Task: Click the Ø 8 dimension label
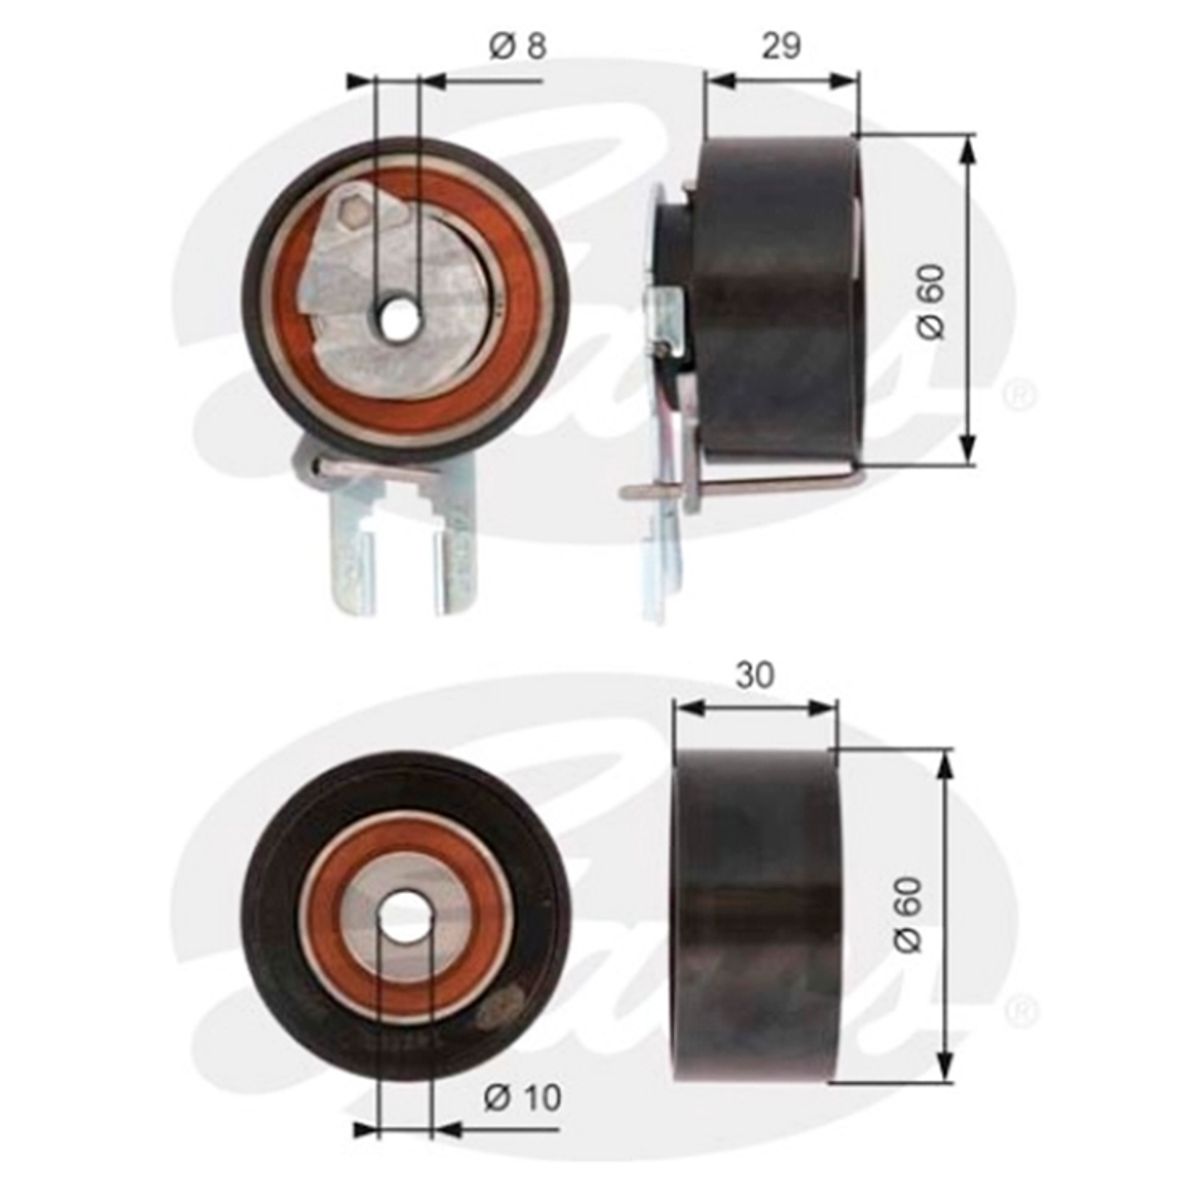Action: (x=518, y=46)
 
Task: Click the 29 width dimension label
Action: (x=781, y=46)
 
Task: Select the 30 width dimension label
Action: (x=755, y=675)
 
